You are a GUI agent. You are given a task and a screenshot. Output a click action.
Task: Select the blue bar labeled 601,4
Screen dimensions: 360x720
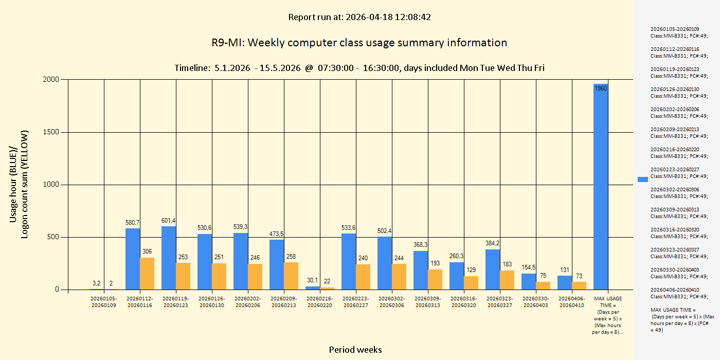tap(169, 258)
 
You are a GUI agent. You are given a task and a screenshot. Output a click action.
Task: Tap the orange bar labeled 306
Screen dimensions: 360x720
tap(147, 273)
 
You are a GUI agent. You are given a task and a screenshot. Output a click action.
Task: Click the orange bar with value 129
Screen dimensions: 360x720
tap(471, 282)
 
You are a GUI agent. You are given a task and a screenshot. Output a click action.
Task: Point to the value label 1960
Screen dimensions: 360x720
tap(601, 88)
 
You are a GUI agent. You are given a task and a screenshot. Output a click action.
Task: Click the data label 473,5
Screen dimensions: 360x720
tap(277, 234)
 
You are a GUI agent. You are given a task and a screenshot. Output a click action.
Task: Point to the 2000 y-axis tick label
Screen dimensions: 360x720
tap(50, 80)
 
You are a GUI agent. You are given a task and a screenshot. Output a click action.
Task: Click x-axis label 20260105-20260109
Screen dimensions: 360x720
tap(104, 302)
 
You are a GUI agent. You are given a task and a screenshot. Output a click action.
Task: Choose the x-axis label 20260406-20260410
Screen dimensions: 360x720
tap(572, 302)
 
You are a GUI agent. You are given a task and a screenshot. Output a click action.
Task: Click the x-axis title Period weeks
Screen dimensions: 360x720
tap(355, 350)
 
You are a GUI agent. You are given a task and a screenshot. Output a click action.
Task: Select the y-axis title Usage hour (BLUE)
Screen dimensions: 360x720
tap(14, 184)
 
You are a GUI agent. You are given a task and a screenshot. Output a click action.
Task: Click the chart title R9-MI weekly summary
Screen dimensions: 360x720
tap(359, 43)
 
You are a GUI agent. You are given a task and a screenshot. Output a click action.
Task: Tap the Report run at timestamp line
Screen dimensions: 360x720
tap(359, 17)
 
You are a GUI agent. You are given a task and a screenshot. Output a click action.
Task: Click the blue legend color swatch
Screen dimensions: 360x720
tap(643, 179)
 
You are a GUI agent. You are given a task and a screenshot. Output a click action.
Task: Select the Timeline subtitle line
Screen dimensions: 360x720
tap(359, 68)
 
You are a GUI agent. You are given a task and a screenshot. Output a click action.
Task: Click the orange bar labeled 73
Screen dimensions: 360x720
tap(579, 285)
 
